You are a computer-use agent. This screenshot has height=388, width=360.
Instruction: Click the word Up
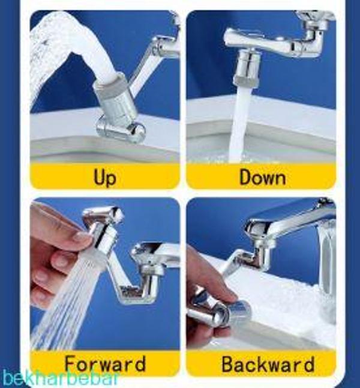[x=104, y=177]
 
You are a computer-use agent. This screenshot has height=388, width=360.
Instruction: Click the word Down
[x=263, y=177]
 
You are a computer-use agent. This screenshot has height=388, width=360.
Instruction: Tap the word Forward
[x=105, y=364]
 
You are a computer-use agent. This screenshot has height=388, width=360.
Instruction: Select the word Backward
[x=268, y=364]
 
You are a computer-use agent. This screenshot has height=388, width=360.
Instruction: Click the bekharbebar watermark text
[x=60, y=378]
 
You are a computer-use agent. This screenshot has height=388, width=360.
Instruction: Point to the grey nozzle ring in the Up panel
[x=111, y=86]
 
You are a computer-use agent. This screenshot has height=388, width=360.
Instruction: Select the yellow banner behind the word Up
[x=105, y=176]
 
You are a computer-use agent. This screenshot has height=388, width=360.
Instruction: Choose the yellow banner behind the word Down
[x=261, y=176]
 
